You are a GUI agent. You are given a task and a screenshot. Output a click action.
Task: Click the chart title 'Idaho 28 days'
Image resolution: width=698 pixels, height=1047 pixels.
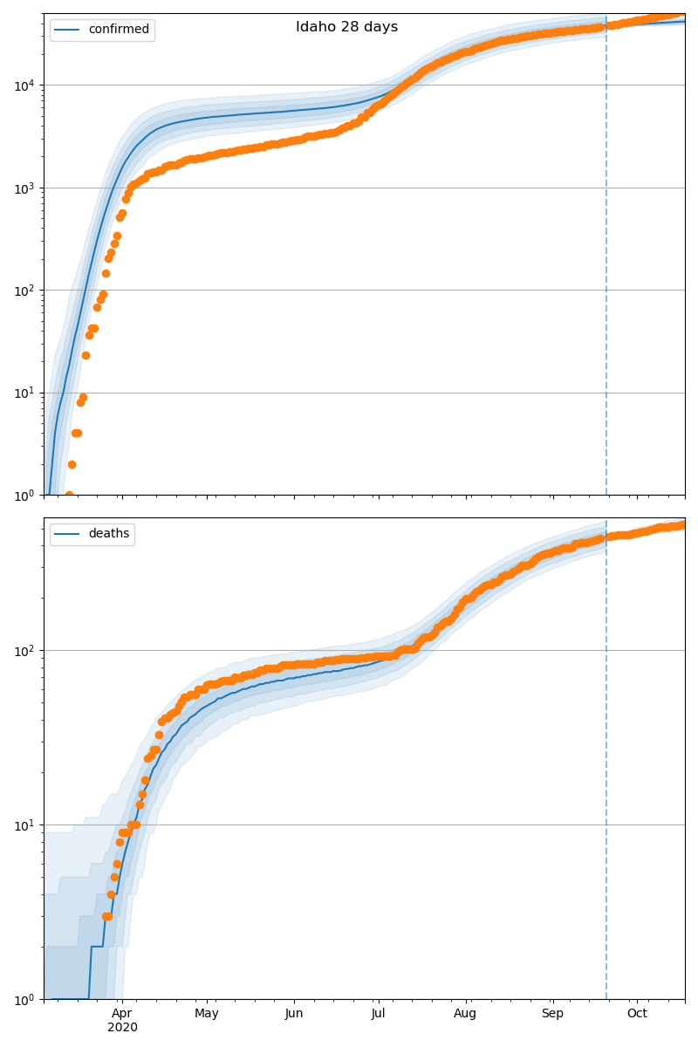[x=346, y=27]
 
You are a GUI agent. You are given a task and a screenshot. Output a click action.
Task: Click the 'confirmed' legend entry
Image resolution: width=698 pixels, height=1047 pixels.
[x=119, y=30]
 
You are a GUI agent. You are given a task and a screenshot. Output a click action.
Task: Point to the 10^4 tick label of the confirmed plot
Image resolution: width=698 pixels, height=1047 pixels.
[x=25, y=86]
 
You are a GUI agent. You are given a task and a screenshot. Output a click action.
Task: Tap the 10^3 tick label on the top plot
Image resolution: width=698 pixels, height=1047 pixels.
[x=25, y=188]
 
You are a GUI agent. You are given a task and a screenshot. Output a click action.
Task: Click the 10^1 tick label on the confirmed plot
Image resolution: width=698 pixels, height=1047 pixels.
[x=25, y=393]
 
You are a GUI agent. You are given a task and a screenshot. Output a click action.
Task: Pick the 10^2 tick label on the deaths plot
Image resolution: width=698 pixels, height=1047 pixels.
[x=25, y=651]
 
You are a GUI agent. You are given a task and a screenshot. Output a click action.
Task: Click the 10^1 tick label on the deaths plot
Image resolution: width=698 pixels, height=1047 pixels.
[x=25, y=825]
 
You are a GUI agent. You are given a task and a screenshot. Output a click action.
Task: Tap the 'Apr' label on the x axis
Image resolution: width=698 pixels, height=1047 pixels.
[x=122, y=1013]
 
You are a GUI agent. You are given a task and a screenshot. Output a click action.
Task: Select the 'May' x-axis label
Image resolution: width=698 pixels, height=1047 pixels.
[x=207, y=1013]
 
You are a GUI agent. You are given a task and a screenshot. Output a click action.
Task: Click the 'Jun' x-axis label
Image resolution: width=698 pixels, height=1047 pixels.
[x=294, y=1013]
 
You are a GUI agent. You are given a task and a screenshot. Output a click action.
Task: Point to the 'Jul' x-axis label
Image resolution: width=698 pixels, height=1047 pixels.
[x=379, y=1013]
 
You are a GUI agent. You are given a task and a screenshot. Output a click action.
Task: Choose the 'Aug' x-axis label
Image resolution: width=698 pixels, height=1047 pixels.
[x=466, y=1013]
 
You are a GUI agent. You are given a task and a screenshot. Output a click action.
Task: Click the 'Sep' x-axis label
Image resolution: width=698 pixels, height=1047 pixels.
[x=552, y=1013]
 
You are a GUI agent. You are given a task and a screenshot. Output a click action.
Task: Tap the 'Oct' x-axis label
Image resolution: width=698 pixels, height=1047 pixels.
[x=637, y=1013]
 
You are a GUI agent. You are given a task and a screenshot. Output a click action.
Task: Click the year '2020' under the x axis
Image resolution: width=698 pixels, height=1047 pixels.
[x=122, y=1027]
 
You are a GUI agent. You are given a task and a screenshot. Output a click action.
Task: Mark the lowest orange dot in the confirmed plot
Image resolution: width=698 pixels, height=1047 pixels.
[x=69, y=495]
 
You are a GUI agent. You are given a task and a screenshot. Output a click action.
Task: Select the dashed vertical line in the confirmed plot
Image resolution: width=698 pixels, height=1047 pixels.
[x=606, y=262]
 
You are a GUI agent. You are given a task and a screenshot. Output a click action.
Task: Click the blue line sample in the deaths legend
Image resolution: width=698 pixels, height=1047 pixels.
[x=67, y=534]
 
